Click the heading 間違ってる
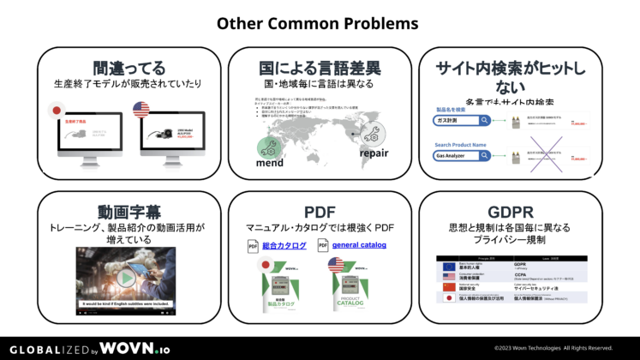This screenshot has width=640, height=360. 129,68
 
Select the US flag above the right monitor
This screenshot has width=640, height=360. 142,111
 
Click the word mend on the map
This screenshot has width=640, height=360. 269,163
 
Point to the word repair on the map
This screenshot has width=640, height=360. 374,154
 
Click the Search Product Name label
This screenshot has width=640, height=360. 460,145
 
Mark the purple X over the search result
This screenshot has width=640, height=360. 547,155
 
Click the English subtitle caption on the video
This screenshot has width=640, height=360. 126,303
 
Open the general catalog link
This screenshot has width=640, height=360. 359,245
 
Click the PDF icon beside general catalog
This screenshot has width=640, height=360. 323,246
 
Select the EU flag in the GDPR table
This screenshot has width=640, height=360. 449,267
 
